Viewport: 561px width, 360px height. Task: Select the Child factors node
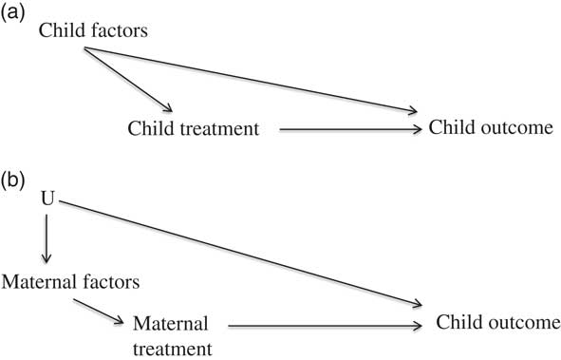[x=92, y=31]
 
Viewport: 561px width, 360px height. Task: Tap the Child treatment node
[x=195, y=126]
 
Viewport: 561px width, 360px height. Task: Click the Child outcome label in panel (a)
[x=490, y=126]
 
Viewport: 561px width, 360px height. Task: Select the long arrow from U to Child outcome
[x=237, y=255]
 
